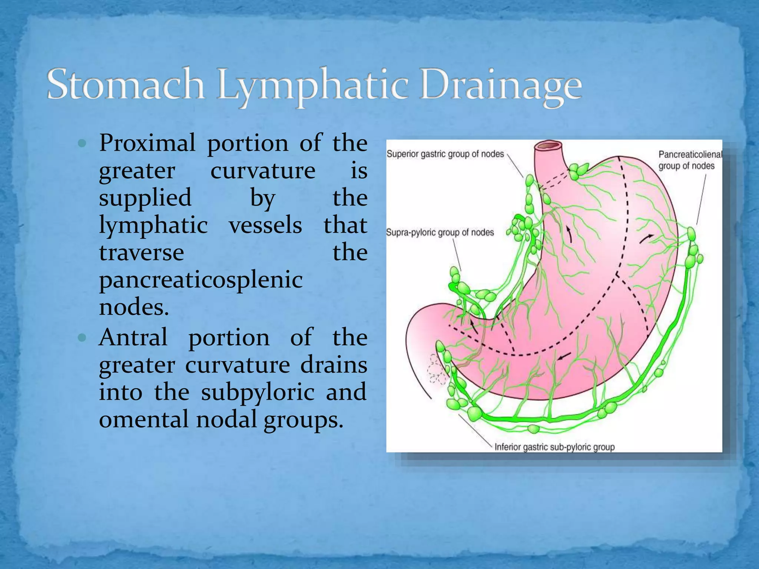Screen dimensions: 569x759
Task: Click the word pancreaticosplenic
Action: pos(201,280)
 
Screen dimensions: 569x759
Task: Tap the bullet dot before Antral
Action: pos(82,338)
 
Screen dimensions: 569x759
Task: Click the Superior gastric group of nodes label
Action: pos(445,154)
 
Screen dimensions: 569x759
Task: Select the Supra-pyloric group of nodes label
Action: pos(440,233)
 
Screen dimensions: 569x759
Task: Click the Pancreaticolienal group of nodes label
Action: pos(689,160)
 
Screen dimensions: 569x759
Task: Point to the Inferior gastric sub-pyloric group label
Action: pos(554,447)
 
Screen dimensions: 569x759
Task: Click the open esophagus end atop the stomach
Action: pos(549,145)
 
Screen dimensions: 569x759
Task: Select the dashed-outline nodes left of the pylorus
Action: pos(437,368)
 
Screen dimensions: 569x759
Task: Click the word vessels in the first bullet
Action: pos(265,225)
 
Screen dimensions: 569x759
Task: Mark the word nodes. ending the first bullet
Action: pos(134,307)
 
